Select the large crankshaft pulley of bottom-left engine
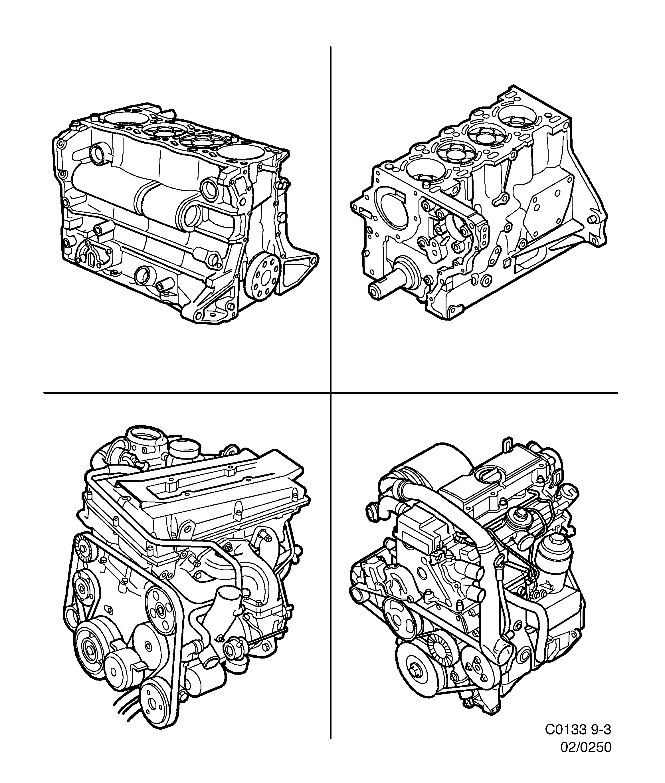coord(92,649)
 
